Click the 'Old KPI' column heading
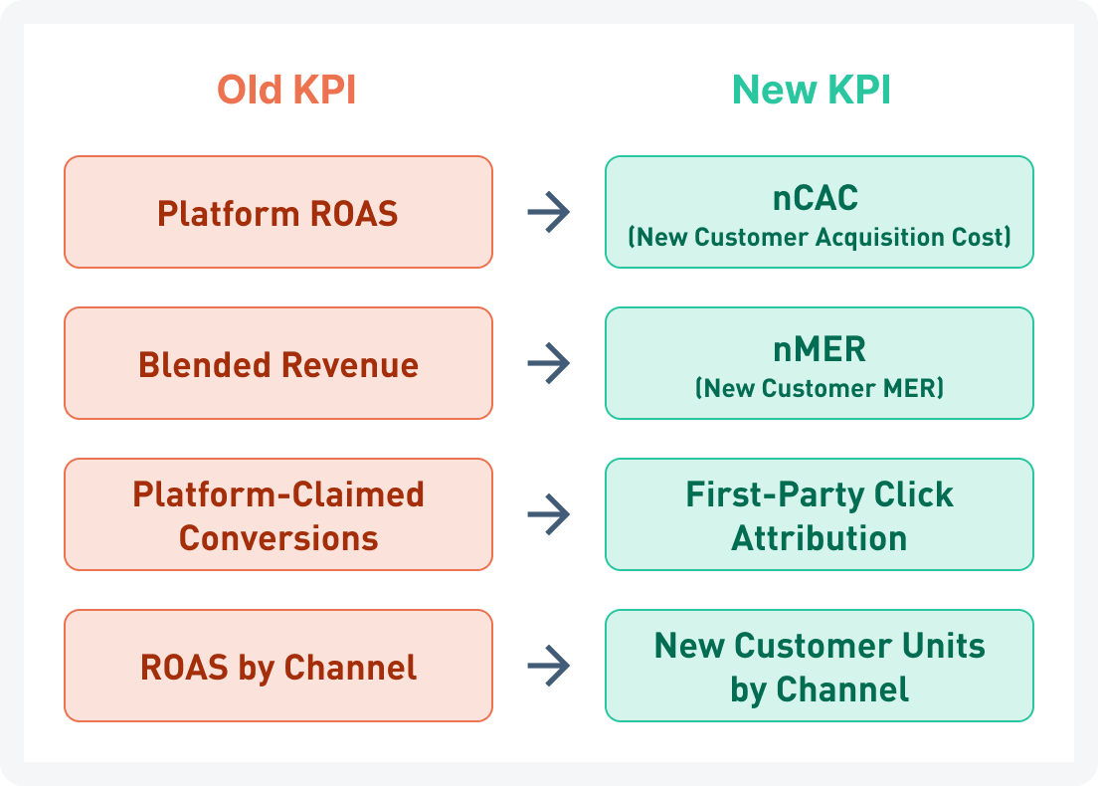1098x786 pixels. pyautogui.click(x=286, y=91)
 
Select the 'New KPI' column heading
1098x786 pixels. pyautogui.click(x=812, y=91)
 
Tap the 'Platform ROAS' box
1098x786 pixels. pyautogui.click(x=278, y=213)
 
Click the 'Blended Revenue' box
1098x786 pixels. pyautogui.click(x=278, y=364)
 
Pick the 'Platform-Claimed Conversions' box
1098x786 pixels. pyautogui.click(x=278, y=515)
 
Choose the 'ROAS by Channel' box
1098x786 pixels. pyautogui.click(x=278, y=667)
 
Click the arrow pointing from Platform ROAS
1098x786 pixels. pyautogui.click(x=548, y=212)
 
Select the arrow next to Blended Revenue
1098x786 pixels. pyautogui.click(x=548, y=363)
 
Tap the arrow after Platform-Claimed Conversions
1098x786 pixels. pyautogui.click(x=548, y=514)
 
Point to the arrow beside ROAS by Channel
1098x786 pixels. pyautogui.click(x=548, y=666)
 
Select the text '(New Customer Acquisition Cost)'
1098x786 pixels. pyautogui.click(x=820, y=237)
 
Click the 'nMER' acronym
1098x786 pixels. pyautogui.click(x=820, y=349)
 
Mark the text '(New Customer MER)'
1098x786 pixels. pyautogui.click(x=820, y=388)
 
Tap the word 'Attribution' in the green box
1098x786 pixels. pyautogui.click(x=820, y=538)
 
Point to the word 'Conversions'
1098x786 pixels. pyautogui.click(x=278, y=538)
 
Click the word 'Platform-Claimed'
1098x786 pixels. pyautogui.click(x=278, y=494)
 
